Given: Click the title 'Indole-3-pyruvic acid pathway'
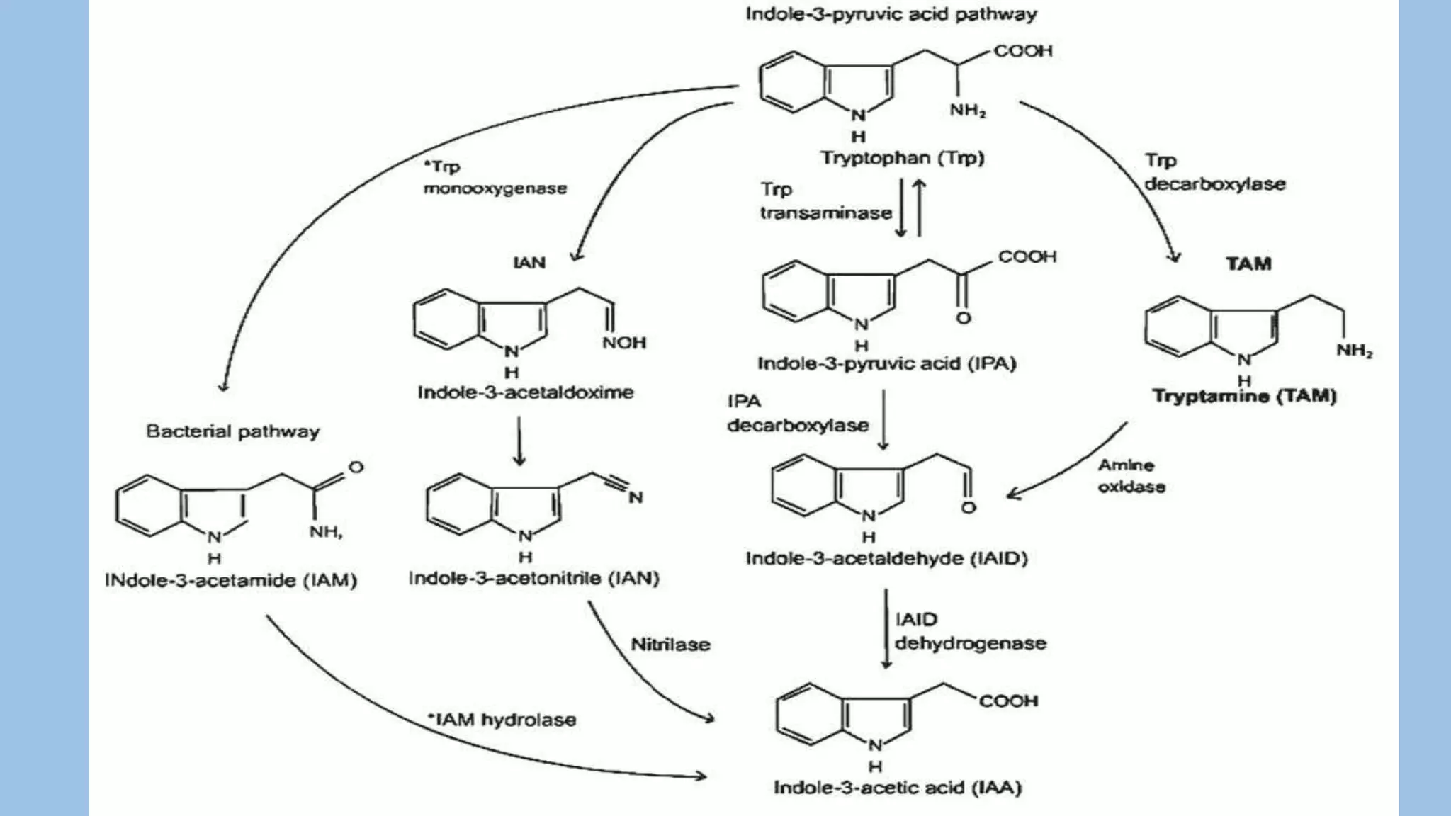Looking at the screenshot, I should click(891, 14).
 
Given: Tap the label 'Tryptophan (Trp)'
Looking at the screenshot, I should click(903, 157).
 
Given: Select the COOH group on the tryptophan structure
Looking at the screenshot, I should click(1023, 51).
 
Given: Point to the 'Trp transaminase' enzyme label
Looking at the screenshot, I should click(825, 201).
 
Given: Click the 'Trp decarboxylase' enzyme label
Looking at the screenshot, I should click(1214, 173).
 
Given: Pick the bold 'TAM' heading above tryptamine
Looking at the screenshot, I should click(1248, 263).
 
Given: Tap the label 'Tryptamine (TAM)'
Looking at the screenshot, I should click(1244, 396).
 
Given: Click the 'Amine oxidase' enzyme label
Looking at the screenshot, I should click(1131, 476).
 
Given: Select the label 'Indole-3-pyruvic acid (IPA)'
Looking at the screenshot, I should click(887, 363).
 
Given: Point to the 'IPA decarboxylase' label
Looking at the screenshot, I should click(798, 414).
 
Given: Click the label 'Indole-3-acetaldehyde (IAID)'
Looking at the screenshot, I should click(886, 558).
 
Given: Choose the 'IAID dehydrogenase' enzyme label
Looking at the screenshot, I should click(970, 632).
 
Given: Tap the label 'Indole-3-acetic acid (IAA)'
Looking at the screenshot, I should click(898, 788).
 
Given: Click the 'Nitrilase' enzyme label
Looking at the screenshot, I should click(670, 645).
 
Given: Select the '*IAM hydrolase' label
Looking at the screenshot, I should click(502, 720).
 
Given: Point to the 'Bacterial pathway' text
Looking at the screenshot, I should click(233, 431).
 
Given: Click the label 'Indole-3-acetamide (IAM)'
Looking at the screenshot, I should click(231, 580).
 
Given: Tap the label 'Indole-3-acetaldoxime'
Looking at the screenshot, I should click(526, 392).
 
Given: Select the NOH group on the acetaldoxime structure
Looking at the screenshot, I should click(624, 343).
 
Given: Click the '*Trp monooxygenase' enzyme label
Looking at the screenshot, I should click(495, 178).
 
